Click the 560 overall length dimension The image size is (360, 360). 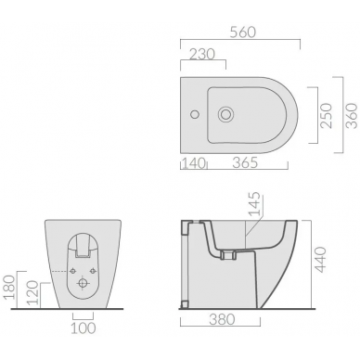click(x=243, y=32)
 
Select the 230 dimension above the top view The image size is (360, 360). click(x=202, y=55)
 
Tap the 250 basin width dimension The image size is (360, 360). click(x=327, y=115)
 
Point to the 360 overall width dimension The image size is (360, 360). click(x=352, y=115)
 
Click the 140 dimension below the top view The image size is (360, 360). click(x=194, y=162)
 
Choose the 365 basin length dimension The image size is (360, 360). click(x=245, y=162)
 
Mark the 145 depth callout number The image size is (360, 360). click(x=255, y=204)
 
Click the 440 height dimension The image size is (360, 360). click(x=320, y=259)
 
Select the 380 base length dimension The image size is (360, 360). click(x=222, y=319)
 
